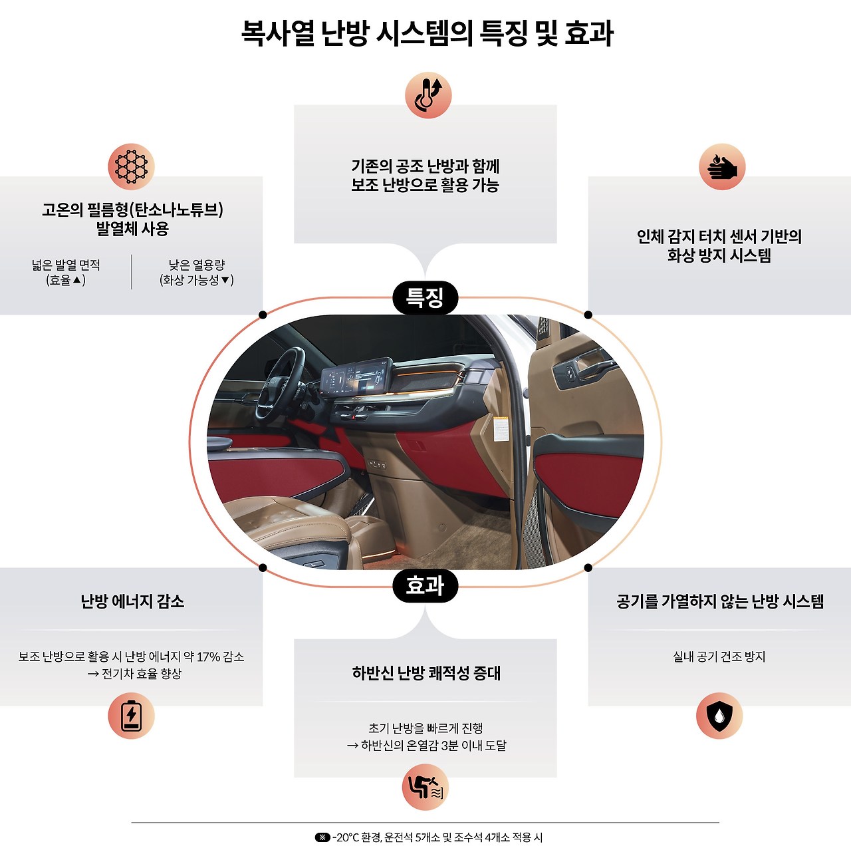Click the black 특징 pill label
coord(425,297)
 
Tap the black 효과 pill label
coord(425,586)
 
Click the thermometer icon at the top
coord(428,95)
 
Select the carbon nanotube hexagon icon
coord(131,166)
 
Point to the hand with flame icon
coord(722,166)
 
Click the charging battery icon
coord(131,716)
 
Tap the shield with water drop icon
coord(719,716)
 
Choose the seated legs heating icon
coord(425,787)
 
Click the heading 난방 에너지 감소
coord(132,601)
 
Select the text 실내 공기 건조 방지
coord(719,656)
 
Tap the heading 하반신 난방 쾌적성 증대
coord(426,673)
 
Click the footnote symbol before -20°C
coord(322,837)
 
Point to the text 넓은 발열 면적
coord(66,265)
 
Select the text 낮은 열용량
coord(197,265)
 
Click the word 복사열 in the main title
coord(277,33)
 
